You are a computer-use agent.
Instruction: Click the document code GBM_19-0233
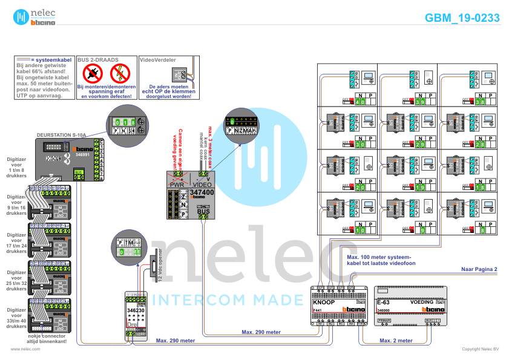(x=462, y=18)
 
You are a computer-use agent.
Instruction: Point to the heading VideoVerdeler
(x=157, y=61)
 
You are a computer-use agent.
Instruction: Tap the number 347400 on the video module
(x=202, y=192)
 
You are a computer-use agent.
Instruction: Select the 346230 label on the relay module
(x=136, y=310)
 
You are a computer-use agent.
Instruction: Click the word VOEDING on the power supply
(x=421, y=301)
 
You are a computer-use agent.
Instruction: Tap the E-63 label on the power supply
(x=383, y=301)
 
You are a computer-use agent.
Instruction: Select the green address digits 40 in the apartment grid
(x=361, y=102)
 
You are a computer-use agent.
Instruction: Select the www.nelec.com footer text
(x=25, y=349)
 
